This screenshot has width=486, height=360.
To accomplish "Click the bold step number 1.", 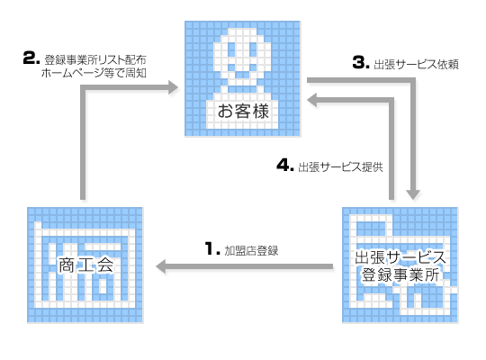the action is [212, 248].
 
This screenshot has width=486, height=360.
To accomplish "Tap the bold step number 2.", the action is [31, 58].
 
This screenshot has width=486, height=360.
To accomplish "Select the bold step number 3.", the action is [361, 62].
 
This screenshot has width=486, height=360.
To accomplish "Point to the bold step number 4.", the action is [284, 165].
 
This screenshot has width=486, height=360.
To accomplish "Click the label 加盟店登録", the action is [251, 250].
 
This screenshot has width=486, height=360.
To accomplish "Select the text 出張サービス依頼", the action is [416, 65].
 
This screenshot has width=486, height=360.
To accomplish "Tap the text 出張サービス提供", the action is [340, 167].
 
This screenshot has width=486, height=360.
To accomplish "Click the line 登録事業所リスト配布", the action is [95, 59].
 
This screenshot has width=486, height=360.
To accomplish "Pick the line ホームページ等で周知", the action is [94, 73].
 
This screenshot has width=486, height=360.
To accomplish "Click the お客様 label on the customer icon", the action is [243, 111].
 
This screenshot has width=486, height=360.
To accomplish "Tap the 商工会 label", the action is [85, 265].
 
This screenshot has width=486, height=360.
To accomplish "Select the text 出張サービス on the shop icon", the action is [400, 257].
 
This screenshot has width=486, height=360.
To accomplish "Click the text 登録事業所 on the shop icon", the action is [400, 274].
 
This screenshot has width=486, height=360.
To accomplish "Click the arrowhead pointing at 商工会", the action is [161, 266].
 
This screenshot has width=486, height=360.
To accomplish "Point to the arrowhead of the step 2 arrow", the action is [174, 87].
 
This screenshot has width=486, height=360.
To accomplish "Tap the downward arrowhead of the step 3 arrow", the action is [413, 194].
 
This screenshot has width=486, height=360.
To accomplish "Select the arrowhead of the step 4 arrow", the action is [311, 100].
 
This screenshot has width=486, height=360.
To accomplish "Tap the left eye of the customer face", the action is [232, 49].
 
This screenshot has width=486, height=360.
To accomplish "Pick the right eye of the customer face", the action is [254, 49].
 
